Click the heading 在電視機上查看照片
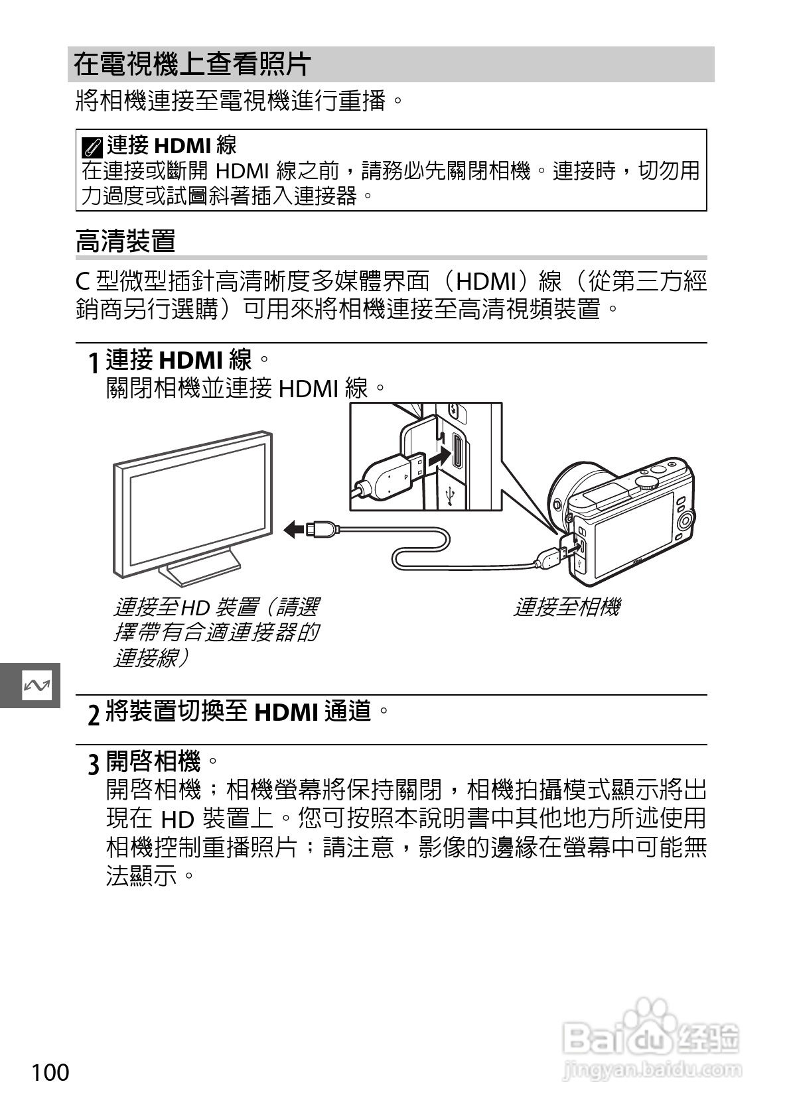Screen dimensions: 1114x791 192,64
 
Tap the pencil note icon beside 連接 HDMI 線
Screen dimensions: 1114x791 94,145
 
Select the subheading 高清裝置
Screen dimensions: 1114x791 125,241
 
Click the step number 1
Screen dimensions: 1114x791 95,363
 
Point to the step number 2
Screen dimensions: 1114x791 94,714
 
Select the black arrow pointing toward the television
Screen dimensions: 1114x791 295,528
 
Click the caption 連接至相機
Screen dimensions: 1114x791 566,607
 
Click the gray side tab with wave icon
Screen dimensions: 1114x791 30,685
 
